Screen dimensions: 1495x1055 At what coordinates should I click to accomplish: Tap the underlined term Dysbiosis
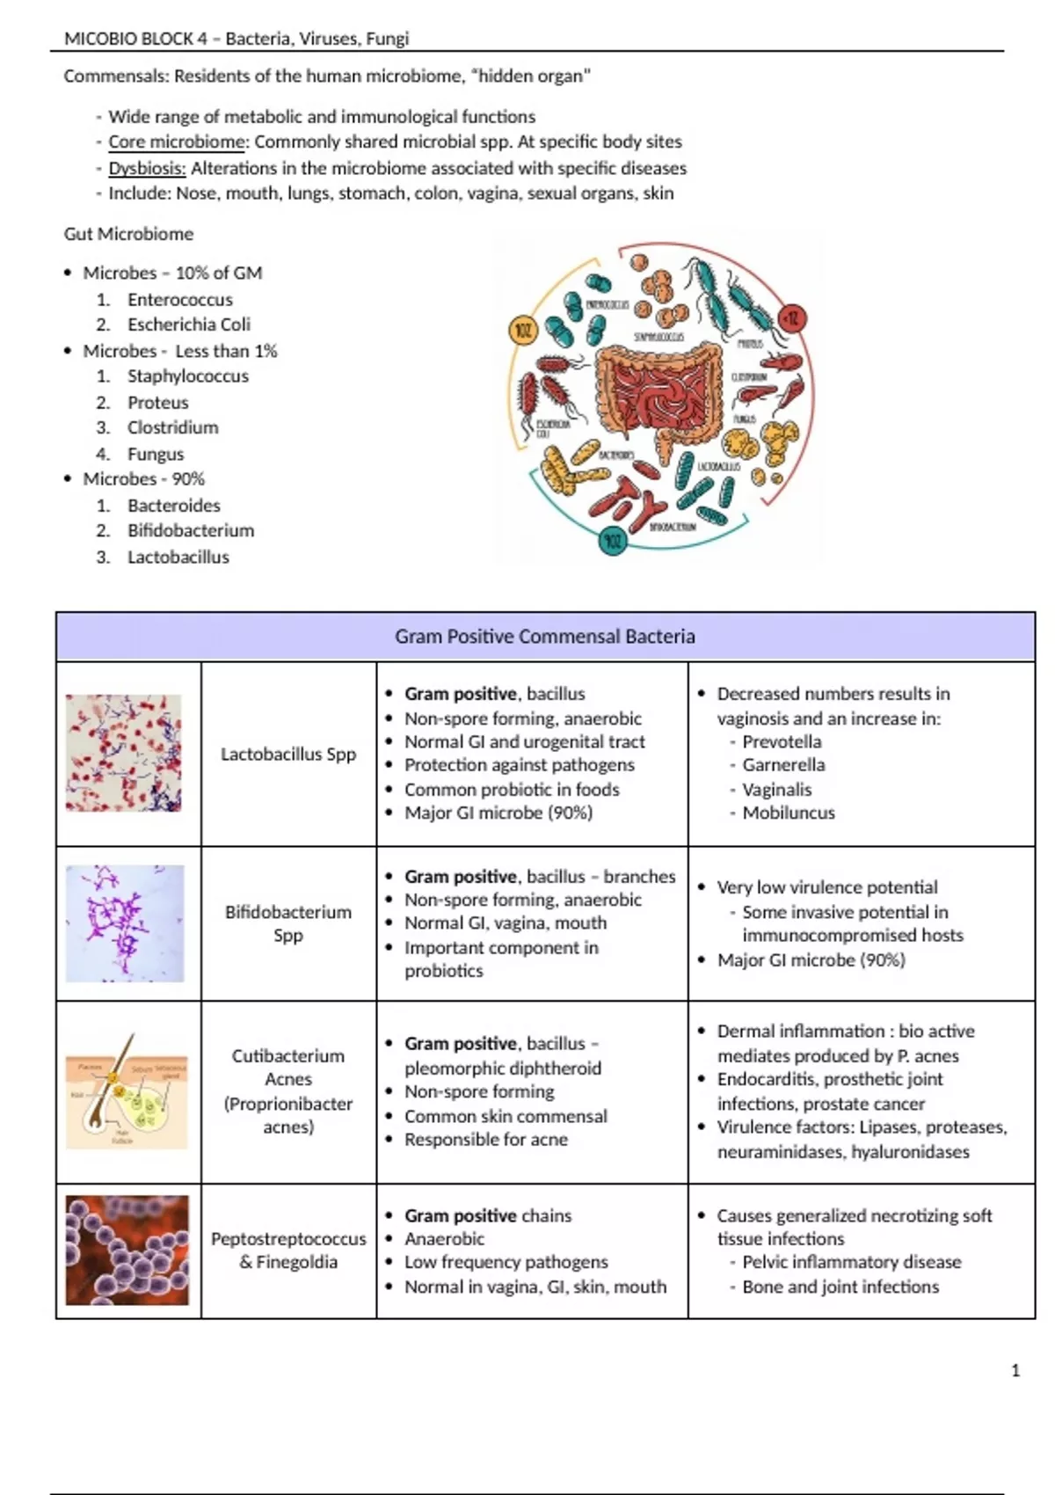[x=147, y=168]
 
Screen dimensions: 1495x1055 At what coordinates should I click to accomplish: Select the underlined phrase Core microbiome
[x=177, y=142]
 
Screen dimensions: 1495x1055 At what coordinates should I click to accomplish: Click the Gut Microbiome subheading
[x=128, y=234]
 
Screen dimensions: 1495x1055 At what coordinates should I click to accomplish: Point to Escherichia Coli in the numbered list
[x=189, y=325]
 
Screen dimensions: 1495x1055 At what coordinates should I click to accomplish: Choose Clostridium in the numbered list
[x=173, y=427]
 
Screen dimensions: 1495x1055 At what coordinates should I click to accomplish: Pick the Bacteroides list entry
[x=174, y=506]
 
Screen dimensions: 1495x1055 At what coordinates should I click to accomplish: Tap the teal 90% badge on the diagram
[x=612, y=540]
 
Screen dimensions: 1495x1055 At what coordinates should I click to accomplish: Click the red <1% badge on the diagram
[x=792, y=319]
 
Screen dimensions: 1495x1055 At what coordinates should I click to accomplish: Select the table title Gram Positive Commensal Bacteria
[x=545, y=637]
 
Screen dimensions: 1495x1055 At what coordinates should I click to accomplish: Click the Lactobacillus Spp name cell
[x=288, y=754]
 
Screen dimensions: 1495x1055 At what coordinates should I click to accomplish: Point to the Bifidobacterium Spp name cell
[x=288, y=923]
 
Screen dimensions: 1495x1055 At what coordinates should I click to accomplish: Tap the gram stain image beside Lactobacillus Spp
[x=124, y=754]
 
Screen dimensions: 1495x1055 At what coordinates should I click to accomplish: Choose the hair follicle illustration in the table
[x=127, y=1090]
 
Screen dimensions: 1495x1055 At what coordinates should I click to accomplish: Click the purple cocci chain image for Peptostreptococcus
[x=127, y=1250]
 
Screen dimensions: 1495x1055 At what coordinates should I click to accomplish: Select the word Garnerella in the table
[x=783, y=765]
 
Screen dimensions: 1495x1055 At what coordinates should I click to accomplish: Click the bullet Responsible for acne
[x=486, y=1140]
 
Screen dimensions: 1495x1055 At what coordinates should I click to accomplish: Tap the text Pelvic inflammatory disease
[x=852, y=1262]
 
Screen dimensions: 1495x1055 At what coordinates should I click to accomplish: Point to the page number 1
[x=1015, y=1370]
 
